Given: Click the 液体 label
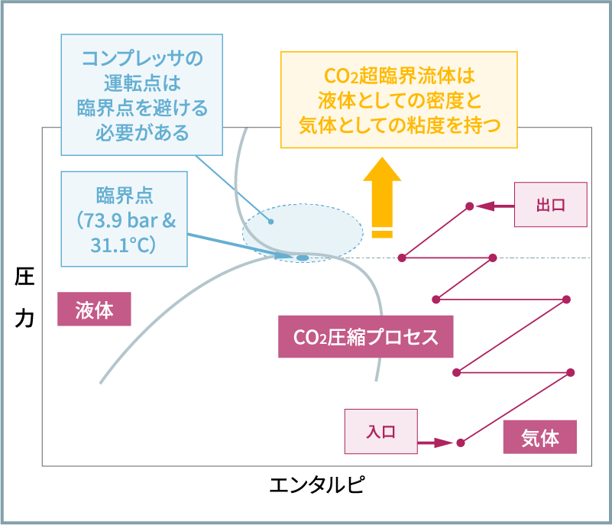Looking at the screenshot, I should pyautogui.click(x=94, y=310).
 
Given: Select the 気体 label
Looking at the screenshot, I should pyautogui.click(x=539, y=438).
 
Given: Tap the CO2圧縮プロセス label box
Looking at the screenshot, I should pyautogui.click(x=365, y=337).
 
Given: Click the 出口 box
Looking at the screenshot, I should pyautogui.click(x=550, y=205).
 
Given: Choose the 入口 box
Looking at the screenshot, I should pyautogui.click(x=380, y=431).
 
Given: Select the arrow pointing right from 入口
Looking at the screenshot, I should pyautogui.click(x=436, y=442).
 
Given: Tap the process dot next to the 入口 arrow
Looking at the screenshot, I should pyautogui.click(x=460, y=442).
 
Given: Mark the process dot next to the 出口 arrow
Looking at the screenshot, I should pyautogui.click(x=469, y=206).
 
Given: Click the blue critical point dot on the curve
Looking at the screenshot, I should pyautogui.click(x=303, y=258).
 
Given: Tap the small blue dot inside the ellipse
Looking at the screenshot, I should pyautogui.click(x=270, y=222).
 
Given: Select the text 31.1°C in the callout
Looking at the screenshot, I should pyautogui.click(x=123, y=245).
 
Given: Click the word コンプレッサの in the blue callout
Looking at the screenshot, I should pyautogui.click(x=142, y=58).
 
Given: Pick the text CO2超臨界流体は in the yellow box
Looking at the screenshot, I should pyautogui.click(x=399, y=76).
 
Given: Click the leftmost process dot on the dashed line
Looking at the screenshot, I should pyautogui.click(x=401, y=258).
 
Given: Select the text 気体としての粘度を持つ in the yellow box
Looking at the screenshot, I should pyautogui.click(x=399, y=125).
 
